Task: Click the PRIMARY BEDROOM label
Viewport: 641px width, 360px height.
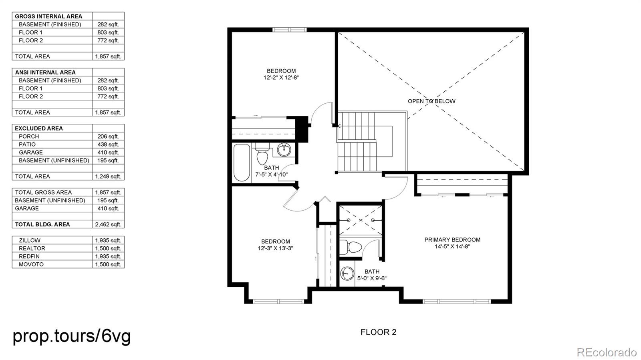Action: pos(452,240)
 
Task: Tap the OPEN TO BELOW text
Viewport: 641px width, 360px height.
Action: pos(431,101)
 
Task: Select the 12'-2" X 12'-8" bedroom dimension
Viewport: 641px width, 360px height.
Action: pos(281,78)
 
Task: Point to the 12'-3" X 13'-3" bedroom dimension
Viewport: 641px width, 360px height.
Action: pos(275,248)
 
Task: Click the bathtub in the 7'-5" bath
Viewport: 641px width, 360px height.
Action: pos(242,163)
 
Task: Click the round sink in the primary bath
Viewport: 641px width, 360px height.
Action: pos(347,274)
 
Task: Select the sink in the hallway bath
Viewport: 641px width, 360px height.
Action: pos(284,150)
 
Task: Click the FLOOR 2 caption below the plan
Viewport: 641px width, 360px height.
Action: pos(378,332)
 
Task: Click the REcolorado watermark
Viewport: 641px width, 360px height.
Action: pos(606,352)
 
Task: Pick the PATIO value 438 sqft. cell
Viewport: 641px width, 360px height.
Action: pos(108,145)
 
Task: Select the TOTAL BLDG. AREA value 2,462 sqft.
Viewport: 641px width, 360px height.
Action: pos(108,225)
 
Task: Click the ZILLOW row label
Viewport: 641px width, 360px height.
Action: pos(30,241)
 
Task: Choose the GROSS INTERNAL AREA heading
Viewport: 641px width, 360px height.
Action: pos(48,16)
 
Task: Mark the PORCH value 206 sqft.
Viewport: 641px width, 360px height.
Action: pos(108,137)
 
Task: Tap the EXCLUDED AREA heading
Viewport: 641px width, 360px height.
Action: pos(39,129)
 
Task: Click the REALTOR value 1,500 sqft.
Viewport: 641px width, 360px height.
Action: pos(108,249)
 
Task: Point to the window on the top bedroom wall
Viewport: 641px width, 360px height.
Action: pos(289,30)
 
